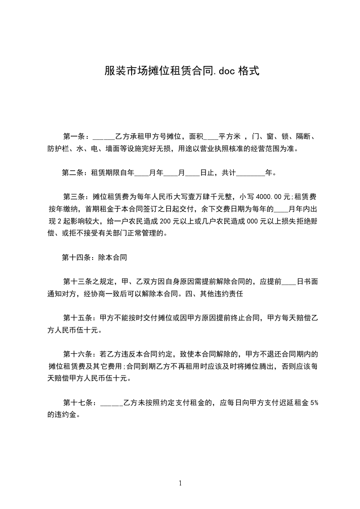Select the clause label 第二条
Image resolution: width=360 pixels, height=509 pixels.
(x=74, y=172)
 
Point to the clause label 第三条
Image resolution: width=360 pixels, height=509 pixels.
(x=75, y=197)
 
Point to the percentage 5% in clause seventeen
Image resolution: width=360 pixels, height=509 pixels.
(x=314, y=402)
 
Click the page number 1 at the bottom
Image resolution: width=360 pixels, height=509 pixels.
(x=180, y=483)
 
